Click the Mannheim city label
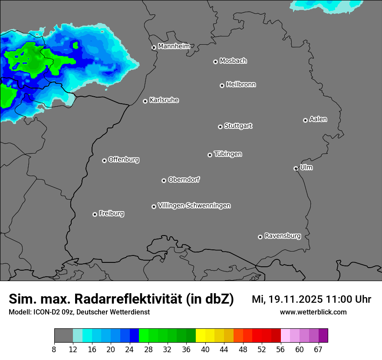point(174,46)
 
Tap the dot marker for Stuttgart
point(221,127)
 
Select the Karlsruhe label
point(164,100)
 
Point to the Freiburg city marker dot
point(95,214)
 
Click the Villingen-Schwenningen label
point(194,206)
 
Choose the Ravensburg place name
point(282,236)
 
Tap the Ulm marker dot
point(296,168)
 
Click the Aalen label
point(318,119)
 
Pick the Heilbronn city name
point(241,85)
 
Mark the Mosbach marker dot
point(215,62)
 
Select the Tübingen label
point(228,154)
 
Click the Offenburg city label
point(124,160)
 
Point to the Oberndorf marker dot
point(164,180)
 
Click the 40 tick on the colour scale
point(205,349)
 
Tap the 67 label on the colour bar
point(318,349)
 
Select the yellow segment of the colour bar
point(200,335)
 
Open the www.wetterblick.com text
point(313,312)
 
